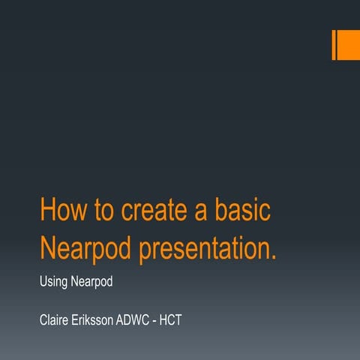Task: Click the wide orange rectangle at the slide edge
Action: click(x=349, y=45)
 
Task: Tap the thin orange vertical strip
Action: click(x=334, y=45)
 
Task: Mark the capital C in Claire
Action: click(x=43, y=320)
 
